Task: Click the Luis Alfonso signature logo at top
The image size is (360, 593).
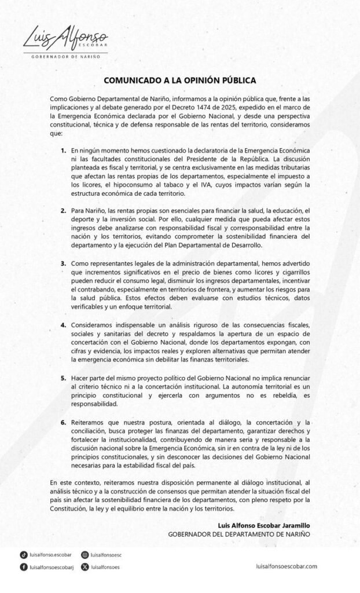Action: (64, 38)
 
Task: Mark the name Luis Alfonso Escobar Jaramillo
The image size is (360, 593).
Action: (265, 525)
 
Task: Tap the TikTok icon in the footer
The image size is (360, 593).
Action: (23, 554)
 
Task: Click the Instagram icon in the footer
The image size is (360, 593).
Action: (85, 554)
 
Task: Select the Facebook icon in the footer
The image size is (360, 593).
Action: (23, 567)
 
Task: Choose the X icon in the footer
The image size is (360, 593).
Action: (85, 567)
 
